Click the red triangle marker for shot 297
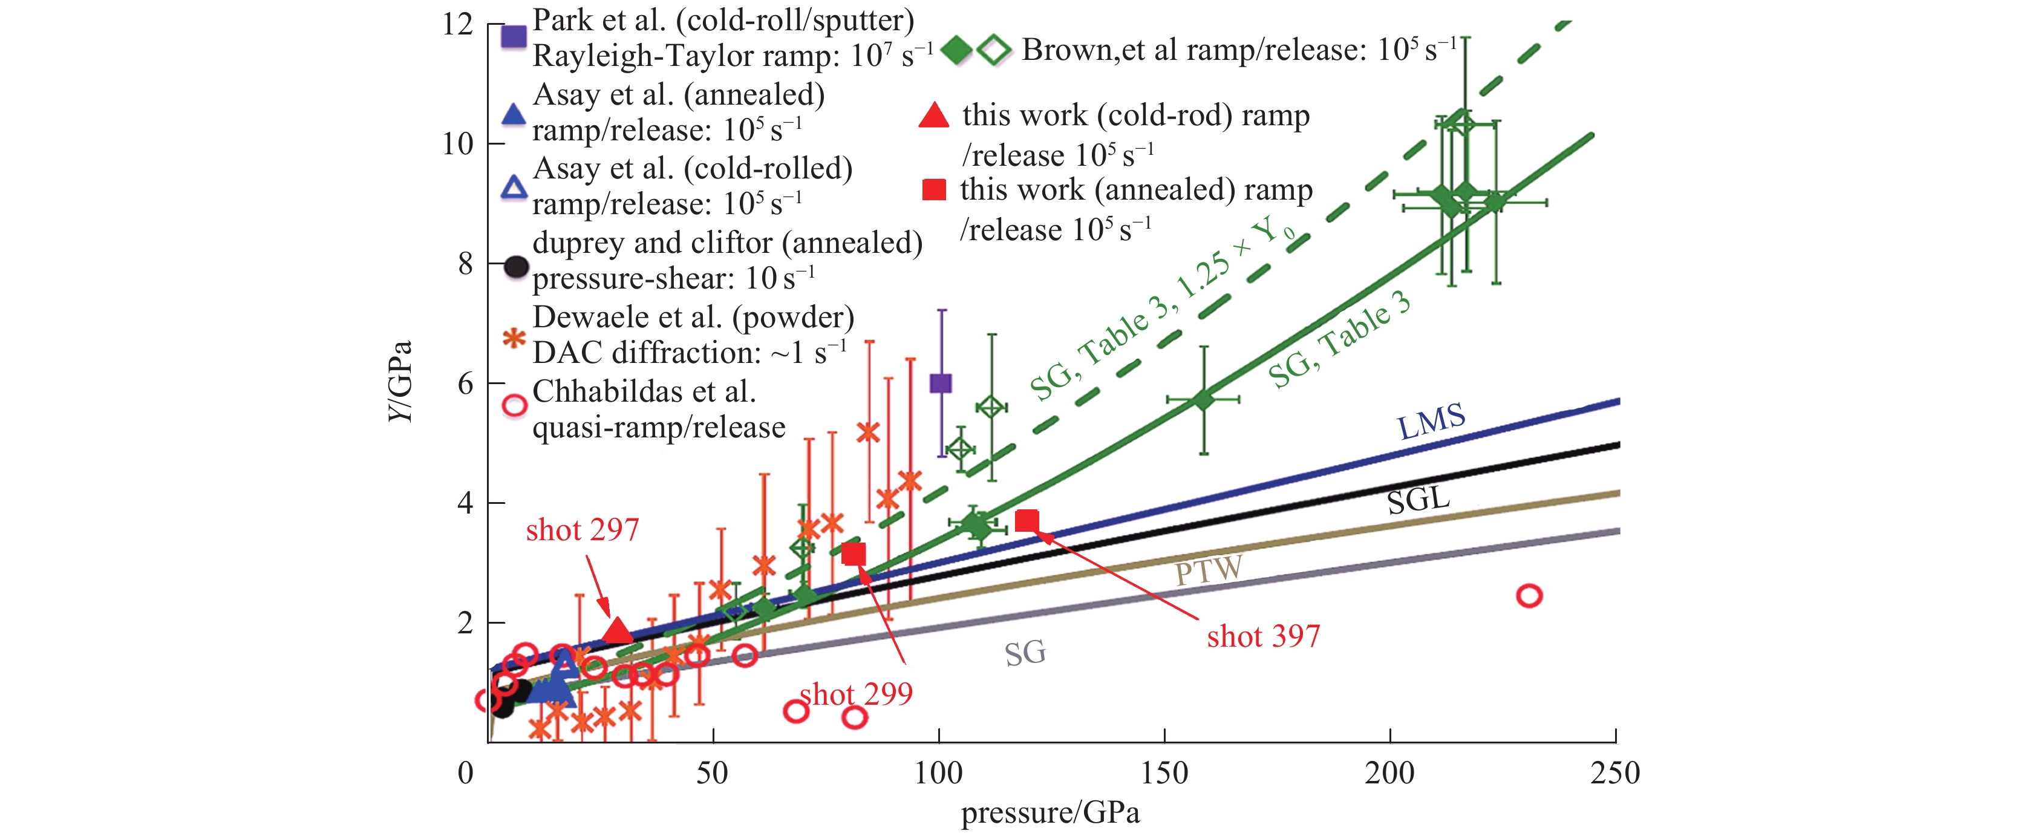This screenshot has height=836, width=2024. (618, 631)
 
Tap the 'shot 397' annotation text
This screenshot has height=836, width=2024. (1264, 636)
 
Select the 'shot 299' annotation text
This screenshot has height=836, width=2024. (856, 694)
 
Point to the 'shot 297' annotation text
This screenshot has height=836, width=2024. (582, 531)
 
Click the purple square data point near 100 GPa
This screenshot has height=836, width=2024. (941, 384)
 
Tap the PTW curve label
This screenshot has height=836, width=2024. (1209, 570)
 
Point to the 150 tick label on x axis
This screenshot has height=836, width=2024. (1164, 773)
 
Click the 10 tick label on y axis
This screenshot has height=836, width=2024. (457, 144)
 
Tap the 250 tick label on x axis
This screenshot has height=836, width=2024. (1614, 773)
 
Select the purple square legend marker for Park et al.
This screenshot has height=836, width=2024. (514, 37)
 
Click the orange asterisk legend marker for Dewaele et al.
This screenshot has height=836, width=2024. (514, 339)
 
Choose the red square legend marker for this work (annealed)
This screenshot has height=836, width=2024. (933, 190)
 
